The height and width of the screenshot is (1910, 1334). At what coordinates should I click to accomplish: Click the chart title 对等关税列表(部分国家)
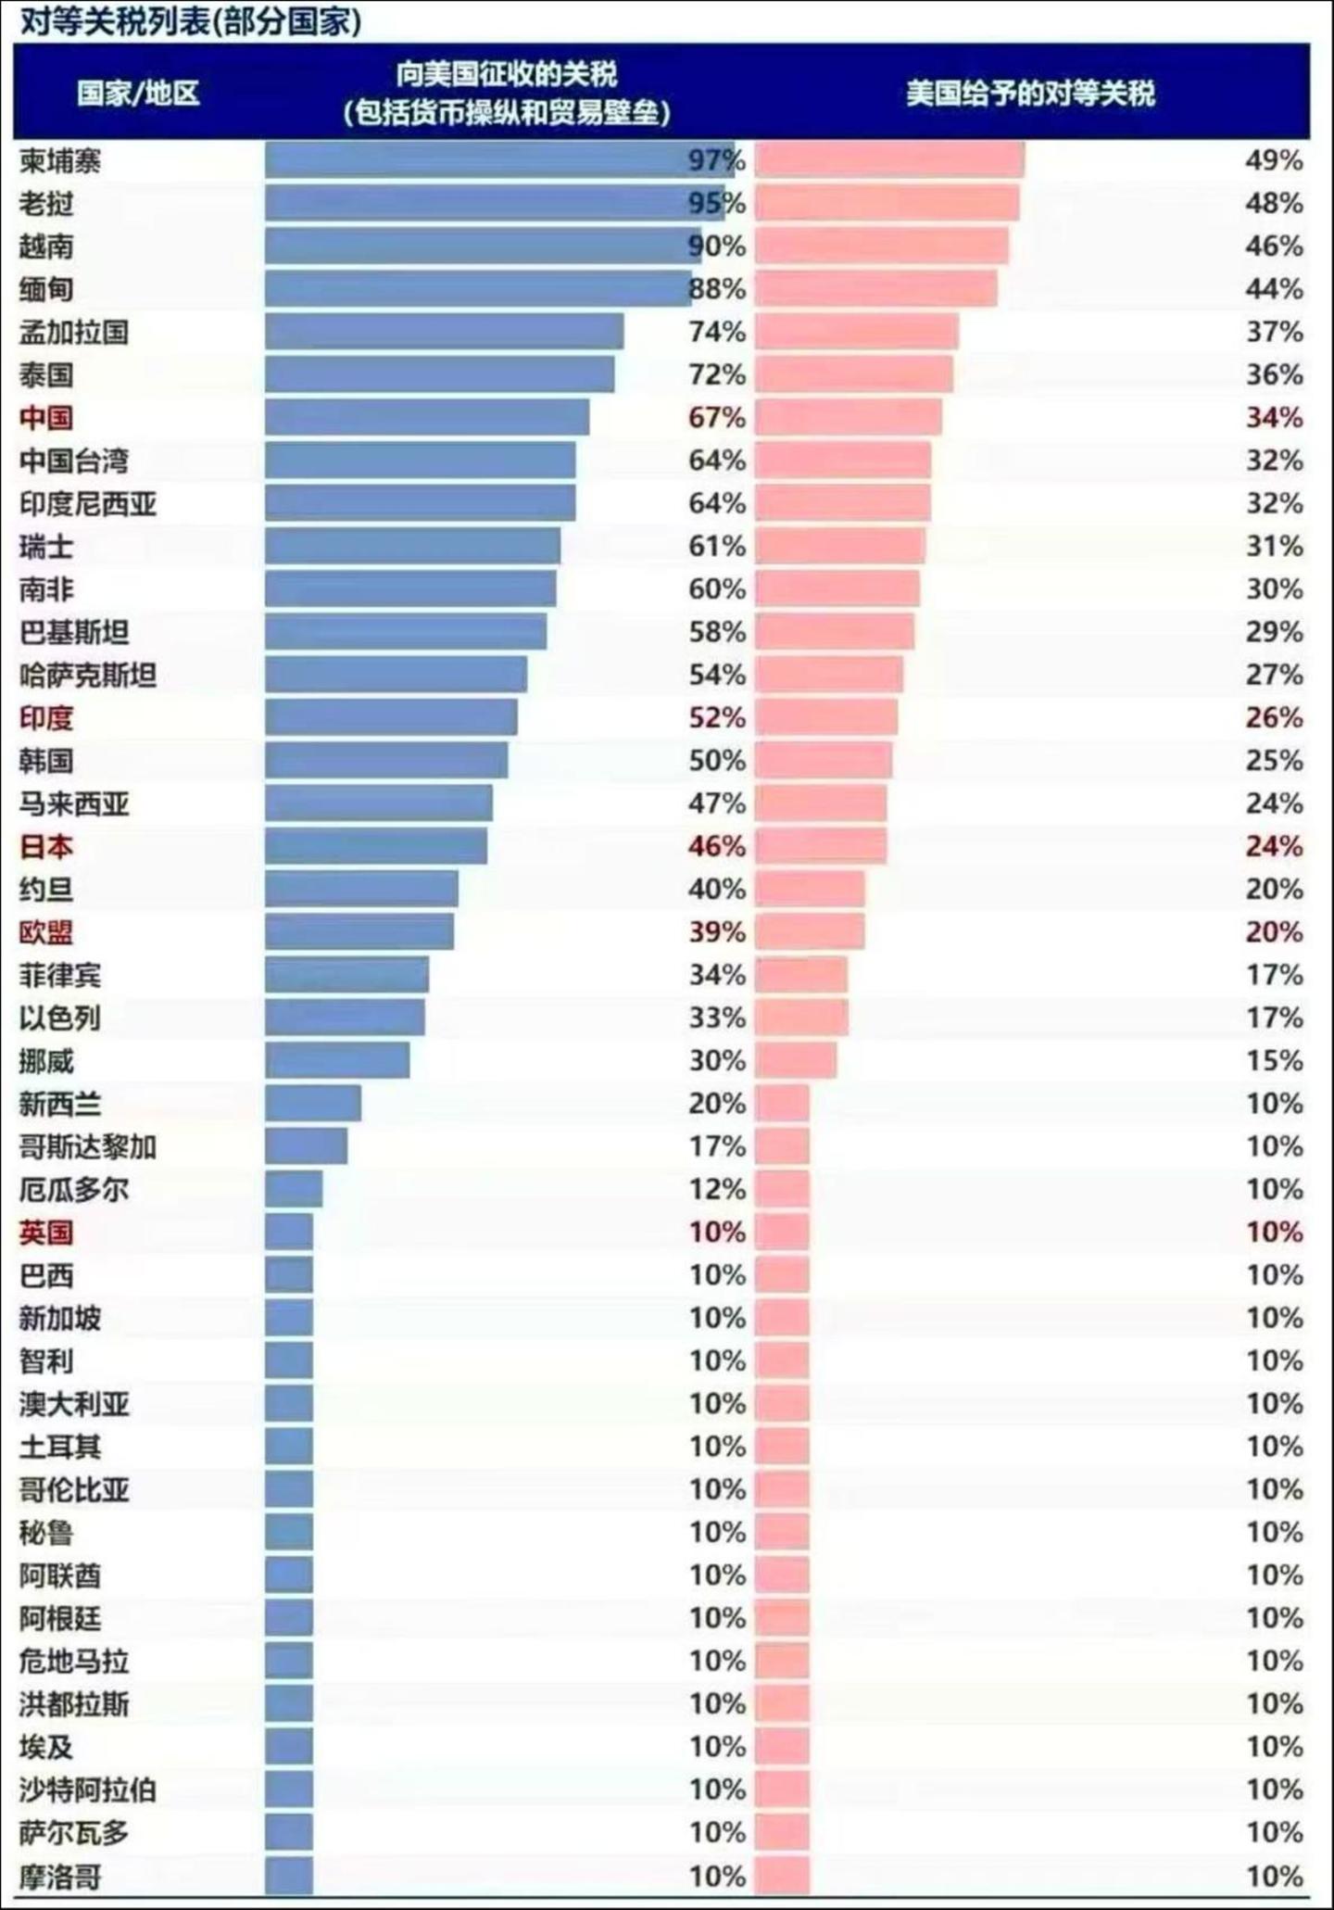190,21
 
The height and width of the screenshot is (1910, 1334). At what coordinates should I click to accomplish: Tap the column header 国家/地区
138,94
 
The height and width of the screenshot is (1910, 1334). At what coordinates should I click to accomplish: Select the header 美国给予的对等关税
1030,94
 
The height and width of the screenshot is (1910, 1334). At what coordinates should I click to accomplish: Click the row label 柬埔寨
60,161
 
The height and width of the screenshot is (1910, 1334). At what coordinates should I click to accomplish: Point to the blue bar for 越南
482,247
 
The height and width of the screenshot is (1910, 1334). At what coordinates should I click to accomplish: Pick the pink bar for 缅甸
875,289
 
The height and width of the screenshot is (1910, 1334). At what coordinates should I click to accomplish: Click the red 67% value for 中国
716,418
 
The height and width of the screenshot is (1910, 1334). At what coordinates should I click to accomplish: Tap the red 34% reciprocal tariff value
1274,418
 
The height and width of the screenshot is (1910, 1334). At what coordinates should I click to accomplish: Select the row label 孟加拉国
74,332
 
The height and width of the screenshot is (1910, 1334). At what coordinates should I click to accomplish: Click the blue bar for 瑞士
412,547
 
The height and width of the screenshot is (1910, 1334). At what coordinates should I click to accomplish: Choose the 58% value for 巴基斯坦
716,632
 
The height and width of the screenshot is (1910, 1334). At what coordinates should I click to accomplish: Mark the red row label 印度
46,717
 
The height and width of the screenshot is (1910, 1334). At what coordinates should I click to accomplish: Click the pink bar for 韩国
823,761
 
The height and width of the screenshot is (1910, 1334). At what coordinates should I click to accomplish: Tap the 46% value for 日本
716,846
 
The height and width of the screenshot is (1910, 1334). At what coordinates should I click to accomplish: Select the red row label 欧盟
46,932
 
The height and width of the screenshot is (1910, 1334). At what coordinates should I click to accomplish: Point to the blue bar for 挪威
337,1060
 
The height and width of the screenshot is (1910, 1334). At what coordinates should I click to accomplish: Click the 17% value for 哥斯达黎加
716,1146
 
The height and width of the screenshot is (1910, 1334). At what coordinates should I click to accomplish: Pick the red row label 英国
46,1233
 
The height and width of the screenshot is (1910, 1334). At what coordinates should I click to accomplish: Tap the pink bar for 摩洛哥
782,1876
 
